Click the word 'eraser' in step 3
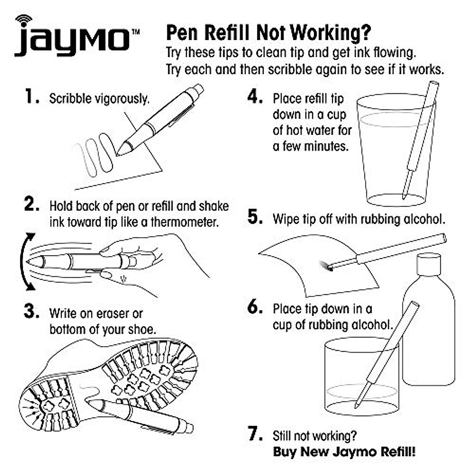[115, 314]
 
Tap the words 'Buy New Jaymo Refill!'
[344, 451]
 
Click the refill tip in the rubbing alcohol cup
[357, 405]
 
